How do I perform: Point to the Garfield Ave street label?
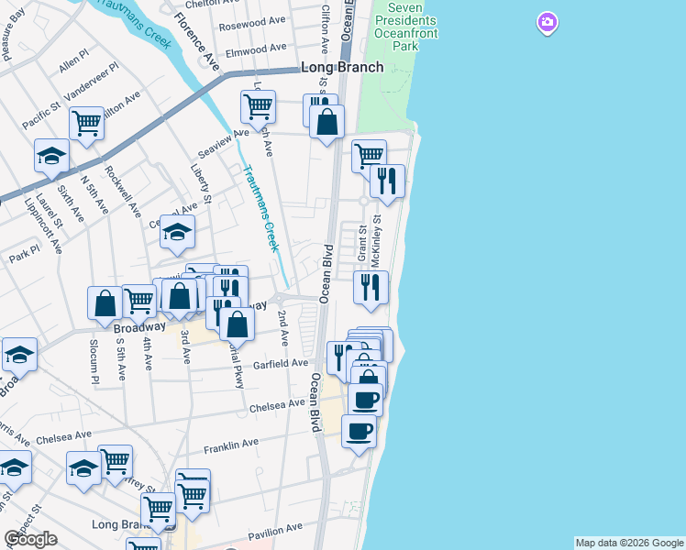tap(281, 364)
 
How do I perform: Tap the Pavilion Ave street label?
tap(274, 530)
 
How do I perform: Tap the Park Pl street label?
tap(25, 251)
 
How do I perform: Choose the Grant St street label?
tap(362, 242)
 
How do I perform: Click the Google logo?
tap(30, 539)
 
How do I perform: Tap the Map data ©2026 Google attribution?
tap(629, 543)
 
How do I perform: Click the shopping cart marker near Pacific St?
tap(86, 122)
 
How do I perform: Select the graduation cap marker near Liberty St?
tap(178, 233)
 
